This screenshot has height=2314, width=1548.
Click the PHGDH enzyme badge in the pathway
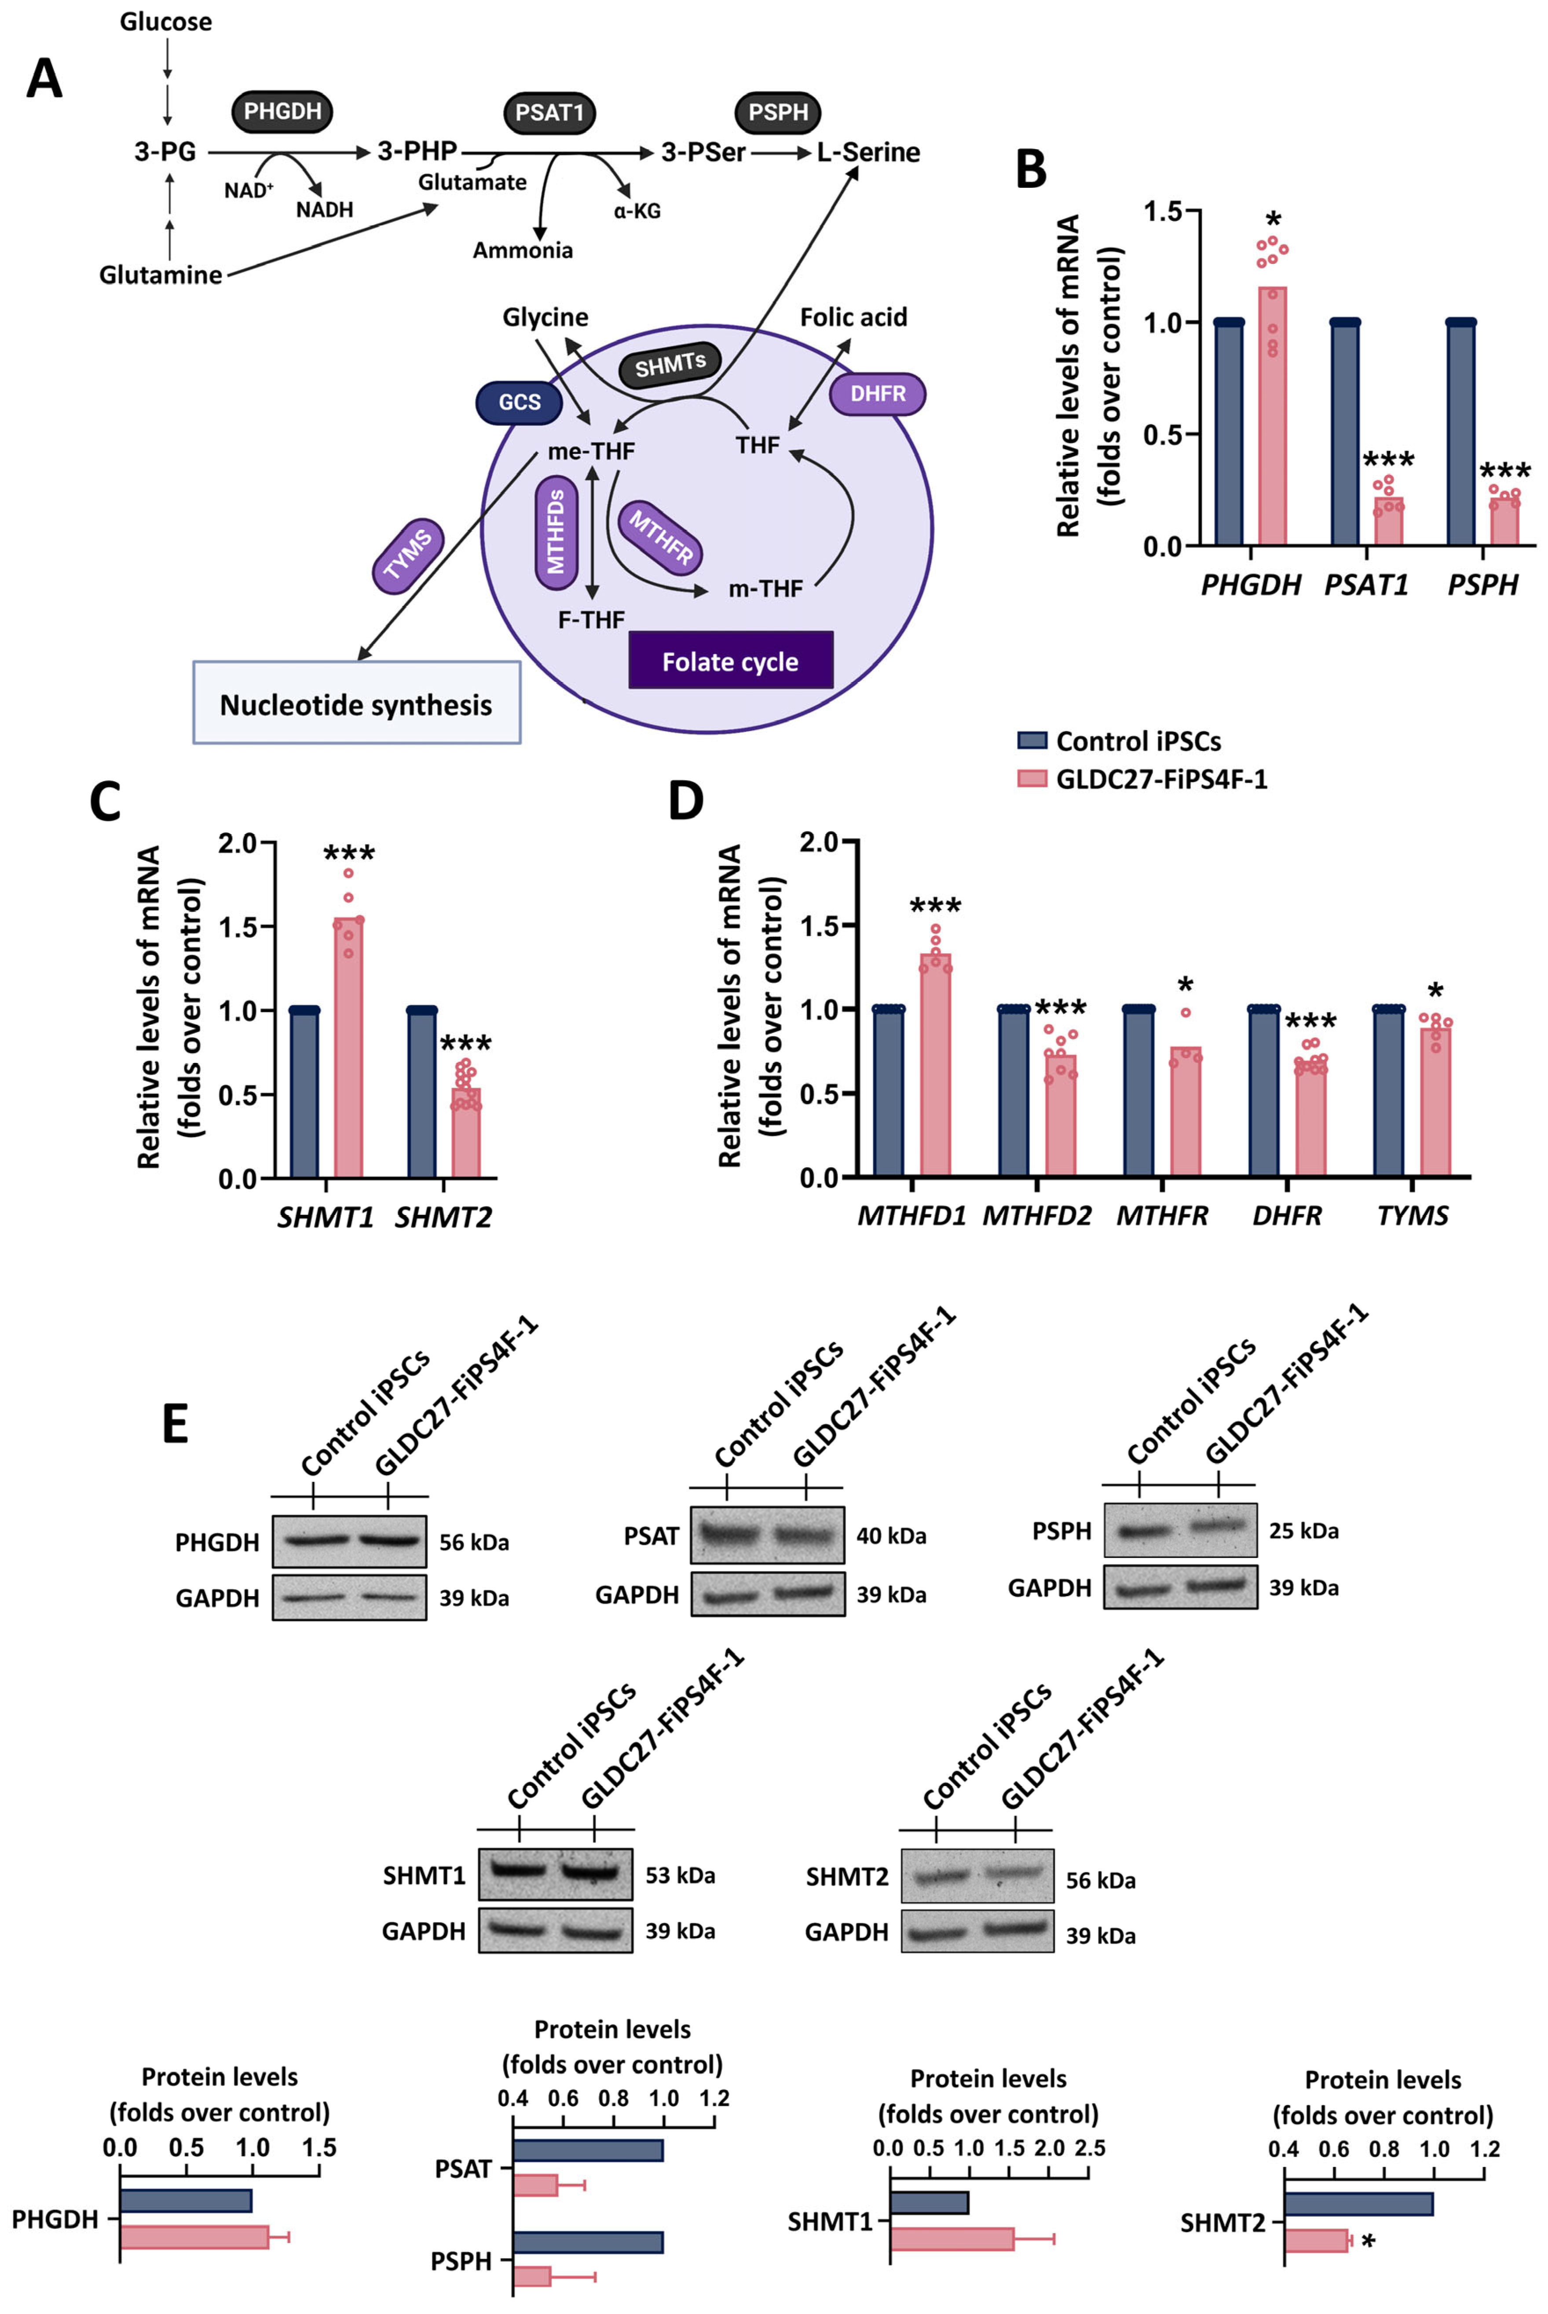tap(282, 112)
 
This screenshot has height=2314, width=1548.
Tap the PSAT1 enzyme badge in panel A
tap(550, 113)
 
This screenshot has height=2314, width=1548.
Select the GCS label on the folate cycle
tap(519, 402)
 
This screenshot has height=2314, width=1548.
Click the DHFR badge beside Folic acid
tap(878, 394)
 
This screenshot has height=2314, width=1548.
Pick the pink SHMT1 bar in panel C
tap(348, 1046)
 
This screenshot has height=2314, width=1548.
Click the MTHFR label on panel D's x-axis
tap(1162, 1215)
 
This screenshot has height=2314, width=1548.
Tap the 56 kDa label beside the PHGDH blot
tap(474, 1542)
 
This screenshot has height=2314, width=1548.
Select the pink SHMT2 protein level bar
tap(1316, 2240)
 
